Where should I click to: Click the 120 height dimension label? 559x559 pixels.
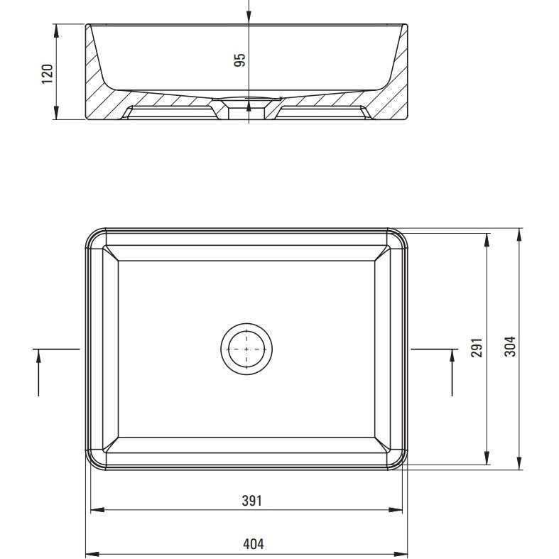pos(48,74)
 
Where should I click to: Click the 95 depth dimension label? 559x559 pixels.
pos(240,60)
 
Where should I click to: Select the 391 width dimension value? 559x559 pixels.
pos(251,501)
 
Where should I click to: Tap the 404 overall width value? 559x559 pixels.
pos(254,544)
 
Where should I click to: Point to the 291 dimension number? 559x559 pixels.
pos(477,347)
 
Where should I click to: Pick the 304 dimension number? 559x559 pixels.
pos(510,347)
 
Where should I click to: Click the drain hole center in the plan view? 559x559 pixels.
pos(246,349)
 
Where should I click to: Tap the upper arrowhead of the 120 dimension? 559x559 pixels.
pos(56,31)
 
